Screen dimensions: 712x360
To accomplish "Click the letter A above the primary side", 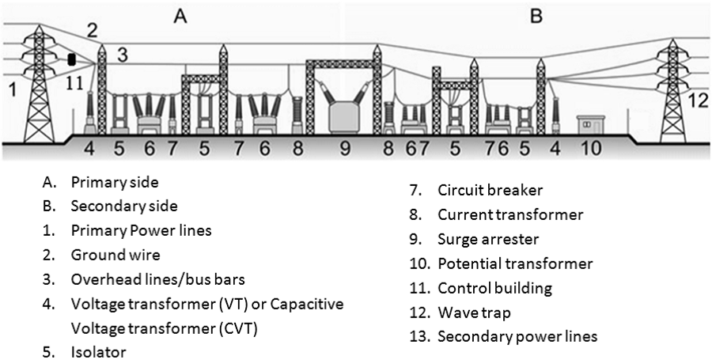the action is [180, 17].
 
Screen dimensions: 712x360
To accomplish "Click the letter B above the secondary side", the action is [536, 17].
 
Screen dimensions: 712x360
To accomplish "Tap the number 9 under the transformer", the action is [346, 148].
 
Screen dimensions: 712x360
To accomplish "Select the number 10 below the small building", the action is [592, 148].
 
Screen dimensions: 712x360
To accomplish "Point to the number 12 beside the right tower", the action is [699, 100].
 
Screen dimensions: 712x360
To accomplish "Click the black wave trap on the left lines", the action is [71, 60].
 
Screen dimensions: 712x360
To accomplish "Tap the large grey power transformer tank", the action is [344, 117].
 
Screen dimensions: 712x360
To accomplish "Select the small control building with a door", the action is [591, 125].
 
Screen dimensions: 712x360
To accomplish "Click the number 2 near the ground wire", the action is [93, 32].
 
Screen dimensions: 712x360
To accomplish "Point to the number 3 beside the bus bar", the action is [123, 55].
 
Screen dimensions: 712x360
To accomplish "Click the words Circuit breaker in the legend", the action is [490, 190].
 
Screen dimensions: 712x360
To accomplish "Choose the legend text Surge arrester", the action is [488, 239].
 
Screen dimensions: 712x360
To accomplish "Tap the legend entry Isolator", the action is [99, 352].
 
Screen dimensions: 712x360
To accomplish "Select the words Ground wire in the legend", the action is [116, 255].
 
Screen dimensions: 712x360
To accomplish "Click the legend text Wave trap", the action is [474, 313].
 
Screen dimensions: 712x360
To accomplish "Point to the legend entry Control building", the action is [495, 288].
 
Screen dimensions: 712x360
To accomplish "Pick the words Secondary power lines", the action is [517, 337].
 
